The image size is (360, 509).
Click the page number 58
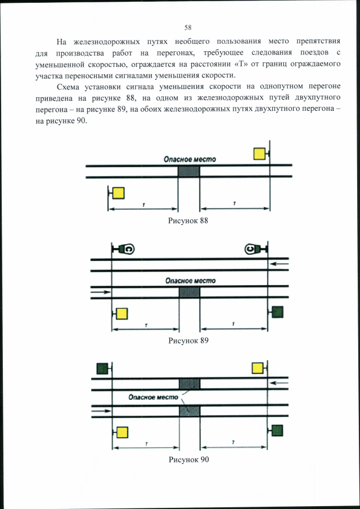click(x=188, y=27)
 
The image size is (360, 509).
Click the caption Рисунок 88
click(x=188, y=220)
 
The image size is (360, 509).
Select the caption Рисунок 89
click(x=188, y=340)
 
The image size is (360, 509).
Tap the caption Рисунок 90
click(x=188, y=460)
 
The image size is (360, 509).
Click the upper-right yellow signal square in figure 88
click(x=259, y=154)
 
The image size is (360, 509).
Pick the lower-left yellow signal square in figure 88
click(x=118, y=193)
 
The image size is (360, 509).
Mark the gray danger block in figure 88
click(x=188, y=172)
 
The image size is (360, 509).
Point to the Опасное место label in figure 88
click(x=190, y=159)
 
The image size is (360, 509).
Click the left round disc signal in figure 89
click(x=128, y=249)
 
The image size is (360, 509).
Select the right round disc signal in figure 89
click(x=251, y=249)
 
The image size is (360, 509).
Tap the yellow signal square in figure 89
click(x=121, y=313)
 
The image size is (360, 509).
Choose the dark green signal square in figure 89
click(x=277, y=312)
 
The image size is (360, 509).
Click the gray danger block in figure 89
click(x=189, y=292)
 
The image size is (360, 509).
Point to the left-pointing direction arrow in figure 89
click(x=279, y=263)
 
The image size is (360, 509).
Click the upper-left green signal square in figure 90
click(x=102, y=368)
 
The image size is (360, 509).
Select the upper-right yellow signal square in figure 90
click(x=258, y=368)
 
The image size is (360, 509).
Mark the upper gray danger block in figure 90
click(x=189, y=384)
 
